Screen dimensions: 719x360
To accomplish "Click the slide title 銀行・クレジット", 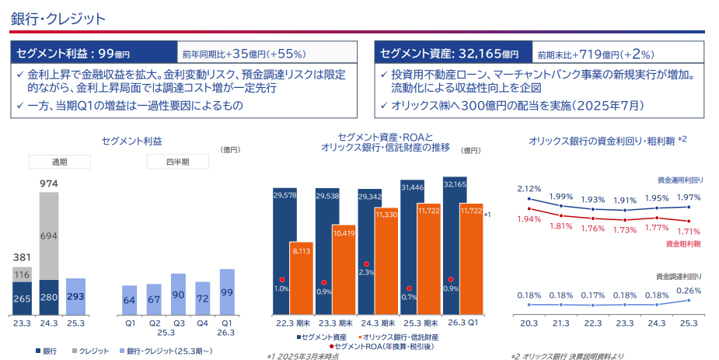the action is (x=58, y=19).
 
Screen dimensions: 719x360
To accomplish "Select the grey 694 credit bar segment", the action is (x=49, y=236).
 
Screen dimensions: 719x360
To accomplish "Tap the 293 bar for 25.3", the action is (x=75, y=296).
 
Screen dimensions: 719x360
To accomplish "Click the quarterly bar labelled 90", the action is (x=178, y=295).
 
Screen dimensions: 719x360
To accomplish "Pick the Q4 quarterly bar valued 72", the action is (x=203, y=299).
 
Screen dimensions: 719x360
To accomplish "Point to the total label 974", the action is (x=49, y=184).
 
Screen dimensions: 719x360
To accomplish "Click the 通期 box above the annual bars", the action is (x=60, y=162).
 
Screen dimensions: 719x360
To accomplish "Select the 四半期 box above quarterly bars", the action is (x=177, y=162).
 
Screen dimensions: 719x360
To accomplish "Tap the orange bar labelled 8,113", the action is (x=302, y=278).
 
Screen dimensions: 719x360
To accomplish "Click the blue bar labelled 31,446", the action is (x=413, y=247).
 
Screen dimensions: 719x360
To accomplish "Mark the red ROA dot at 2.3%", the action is (x=366, y=264).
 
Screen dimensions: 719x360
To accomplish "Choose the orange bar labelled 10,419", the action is (x=344, y=270).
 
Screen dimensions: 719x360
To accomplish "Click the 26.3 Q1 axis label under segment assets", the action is (x=462, y=323).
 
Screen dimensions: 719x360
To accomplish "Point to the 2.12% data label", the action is (x=529, y=189).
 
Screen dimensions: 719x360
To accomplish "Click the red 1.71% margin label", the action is (x=688, y=232).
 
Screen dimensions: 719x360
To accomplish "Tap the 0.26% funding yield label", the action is (x=689, y=291).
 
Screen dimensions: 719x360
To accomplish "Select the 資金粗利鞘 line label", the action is (x=683, y=244).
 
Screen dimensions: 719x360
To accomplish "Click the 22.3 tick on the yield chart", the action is (x=592, y=323).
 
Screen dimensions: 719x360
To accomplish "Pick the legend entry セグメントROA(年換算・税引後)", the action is (x=382, y=347).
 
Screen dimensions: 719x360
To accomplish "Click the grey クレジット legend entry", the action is (x=90, y=351).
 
